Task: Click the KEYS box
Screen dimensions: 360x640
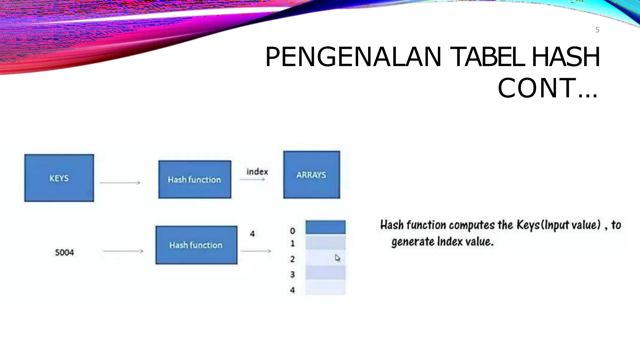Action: [59, 178]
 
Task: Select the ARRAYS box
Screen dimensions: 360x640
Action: [312, 175]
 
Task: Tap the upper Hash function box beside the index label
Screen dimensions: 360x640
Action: [195, 179]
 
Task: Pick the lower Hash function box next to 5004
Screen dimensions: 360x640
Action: [196, 245]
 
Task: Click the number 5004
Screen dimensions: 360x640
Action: [64, 252]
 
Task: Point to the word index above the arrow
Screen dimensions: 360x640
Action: [257, 172]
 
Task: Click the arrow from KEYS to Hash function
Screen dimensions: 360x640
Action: [120, 183]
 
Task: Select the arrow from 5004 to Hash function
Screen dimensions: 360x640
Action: [123, 251]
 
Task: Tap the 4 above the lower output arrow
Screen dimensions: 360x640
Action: [252, 233]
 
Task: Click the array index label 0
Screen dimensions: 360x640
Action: [292, 231]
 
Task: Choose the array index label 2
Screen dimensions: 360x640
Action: [292, 259]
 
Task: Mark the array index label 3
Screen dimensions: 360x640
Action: [292, 274]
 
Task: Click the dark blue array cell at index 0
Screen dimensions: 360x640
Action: [325, 227]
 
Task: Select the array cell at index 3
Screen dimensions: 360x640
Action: [325, 272]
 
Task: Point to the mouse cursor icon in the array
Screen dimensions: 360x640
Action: [337, 258]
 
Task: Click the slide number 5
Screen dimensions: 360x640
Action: [597, 30]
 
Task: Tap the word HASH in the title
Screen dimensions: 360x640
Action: [566, 57]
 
